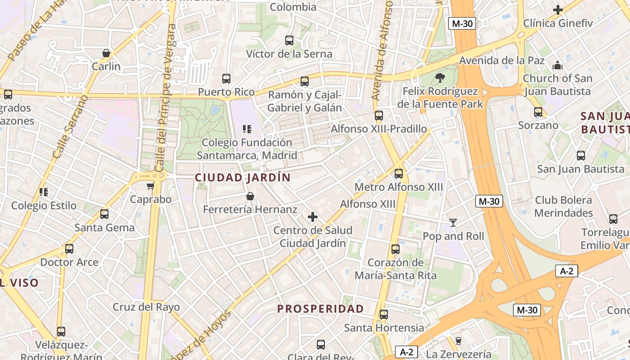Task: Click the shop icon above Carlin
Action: pos(106,53)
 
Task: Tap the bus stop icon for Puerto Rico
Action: pos(226,79)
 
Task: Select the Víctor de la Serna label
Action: pos(289,54)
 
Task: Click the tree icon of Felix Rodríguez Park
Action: pos(440,78)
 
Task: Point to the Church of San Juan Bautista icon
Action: pos(558,65)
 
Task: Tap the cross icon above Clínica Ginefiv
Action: pos(558,9)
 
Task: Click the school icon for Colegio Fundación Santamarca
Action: pos(247,130)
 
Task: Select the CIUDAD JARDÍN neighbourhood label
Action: pos(243,178)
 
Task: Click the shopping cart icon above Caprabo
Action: pos(150,186)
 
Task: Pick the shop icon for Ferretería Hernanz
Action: pos(250,196)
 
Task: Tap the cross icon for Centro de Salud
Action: pos(313,217)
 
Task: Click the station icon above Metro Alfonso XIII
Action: pos(398,174)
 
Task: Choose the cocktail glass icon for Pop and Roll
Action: pos(453,223)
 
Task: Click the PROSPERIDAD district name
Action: pos(320,309)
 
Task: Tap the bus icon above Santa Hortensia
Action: pos(384,315)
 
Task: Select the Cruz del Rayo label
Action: pos(146,307)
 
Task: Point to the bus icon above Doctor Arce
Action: pos(69,249)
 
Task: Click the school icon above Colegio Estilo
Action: pos(44,193)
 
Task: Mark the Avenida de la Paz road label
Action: pos(502,61)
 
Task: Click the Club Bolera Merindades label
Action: pos(563,206)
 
